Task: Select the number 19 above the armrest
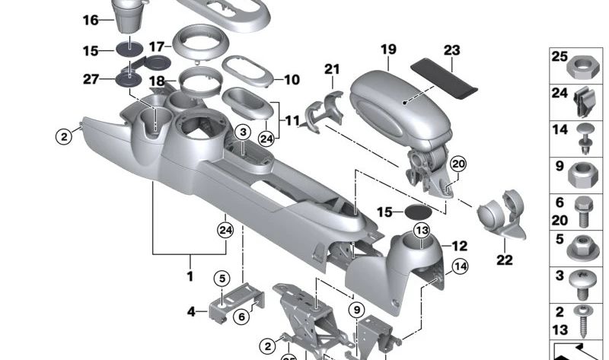[x=388, y=50]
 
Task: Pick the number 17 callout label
[x=157, y=46]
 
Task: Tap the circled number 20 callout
[x=457, y=164]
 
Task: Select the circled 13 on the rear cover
[x=421, y=231]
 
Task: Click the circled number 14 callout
[x=460, y=266]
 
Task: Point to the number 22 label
[x=504, y=260]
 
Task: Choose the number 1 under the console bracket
[x=190, y=277]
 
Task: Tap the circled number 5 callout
[x=221, y=278]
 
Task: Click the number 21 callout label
[x=332, y=69]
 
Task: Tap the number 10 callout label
[x=292, y=78]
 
